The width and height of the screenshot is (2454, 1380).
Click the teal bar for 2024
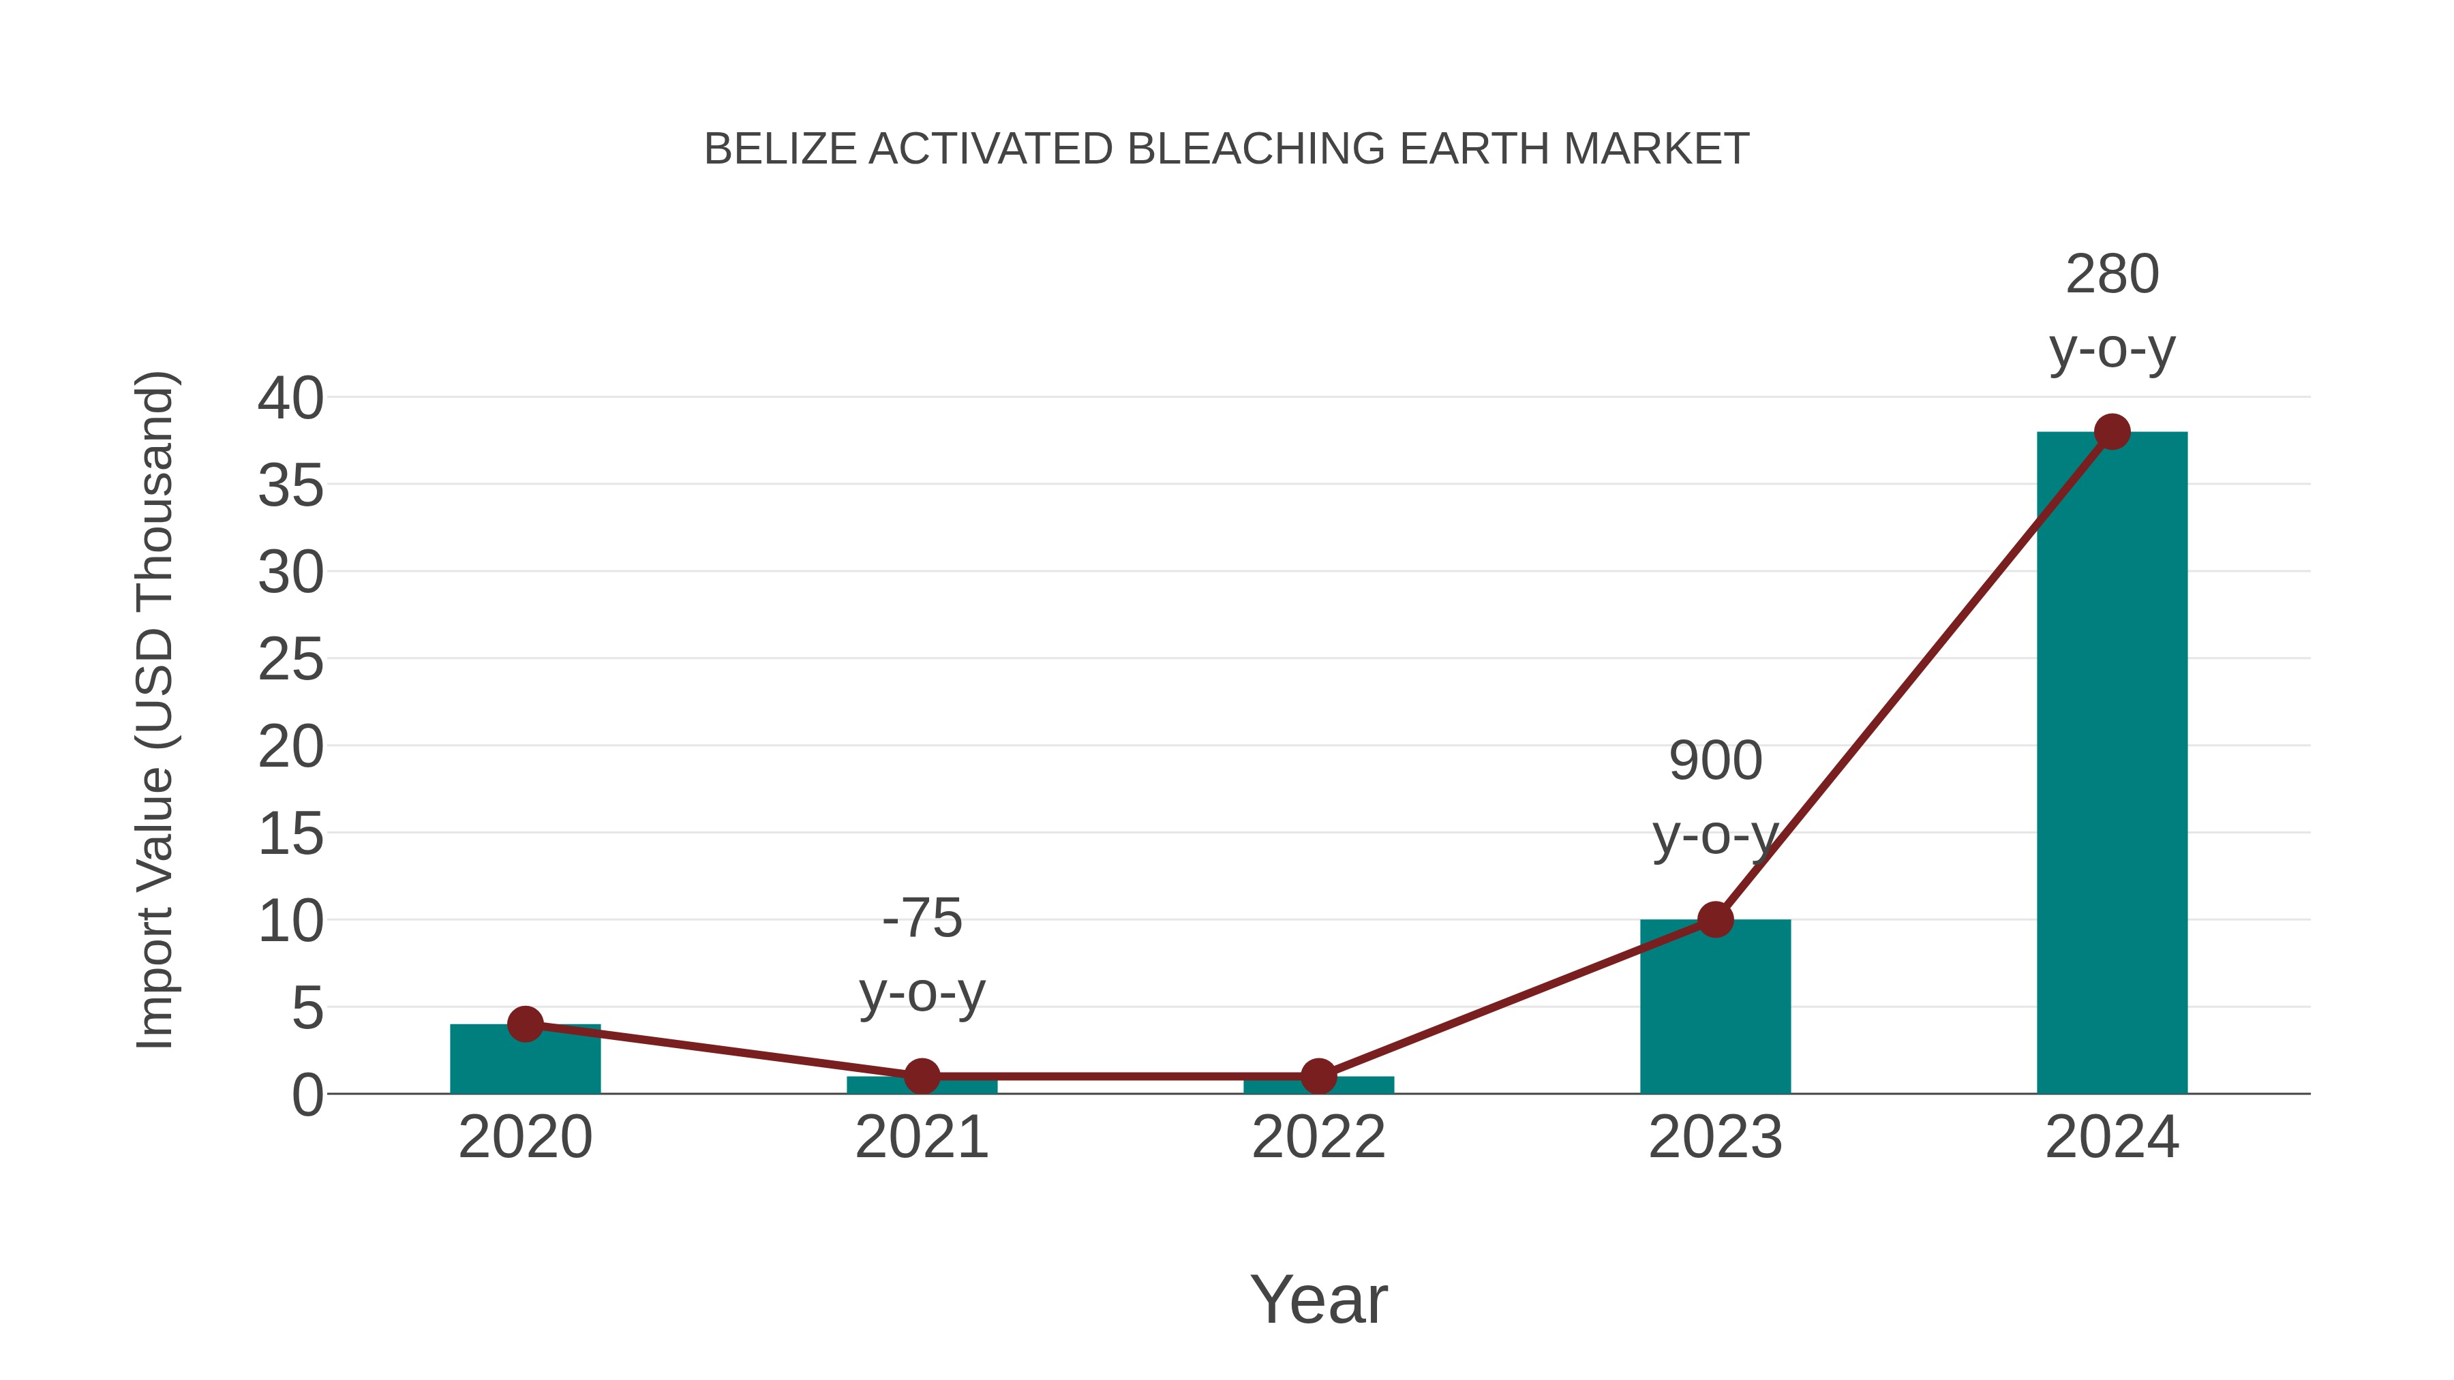[2111, 762]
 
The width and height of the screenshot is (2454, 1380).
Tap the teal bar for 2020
[525, 1059]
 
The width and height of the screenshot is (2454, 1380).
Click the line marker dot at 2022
[1318, 1076]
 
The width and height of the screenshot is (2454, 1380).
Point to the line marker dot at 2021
[921, 1076]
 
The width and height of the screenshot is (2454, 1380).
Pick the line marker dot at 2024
[2112, 431]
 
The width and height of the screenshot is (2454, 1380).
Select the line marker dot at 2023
[1715, 919]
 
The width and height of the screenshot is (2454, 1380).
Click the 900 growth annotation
[1715, 797]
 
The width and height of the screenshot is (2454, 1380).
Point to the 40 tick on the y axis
[290, 398]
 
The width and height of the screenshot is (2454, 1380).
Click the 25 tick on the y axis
[290, 660]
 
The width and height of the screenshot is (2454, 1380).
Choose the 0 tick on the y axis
[307, 1095]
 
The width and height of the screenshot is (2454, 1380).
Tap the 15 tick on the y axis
[290, 834]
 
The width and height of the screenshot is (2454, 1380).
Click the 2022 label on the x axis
[1318, 1137]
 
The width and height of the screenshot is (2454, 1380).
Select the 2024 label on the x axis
[2112, 1137]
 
